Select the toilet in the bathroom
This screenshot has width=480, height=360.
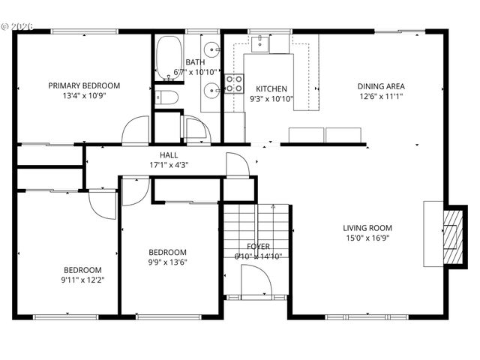(x=167, y=97)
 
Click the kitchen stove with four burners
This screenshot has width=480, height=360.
(x=234, y=83)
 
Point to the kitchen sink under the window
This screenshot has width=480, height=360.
(x=260, y=43)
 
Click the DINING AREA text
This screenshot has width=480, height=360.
(x=381, y=85)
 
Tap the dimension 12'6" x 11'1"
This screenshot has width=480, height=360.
(x=381, y=96)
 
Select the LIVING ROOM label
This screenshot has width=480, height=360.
(x=367, y=228)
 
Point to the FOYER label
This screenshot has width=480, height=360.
(x=258, y=246)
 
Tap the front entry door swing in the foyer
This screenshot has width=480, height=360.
(x=256, y=281)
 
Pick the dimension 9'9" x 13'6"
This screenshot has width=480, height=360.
(x=167, y=262)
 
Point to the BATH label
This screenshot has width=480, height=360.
(x=196, y=62)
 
